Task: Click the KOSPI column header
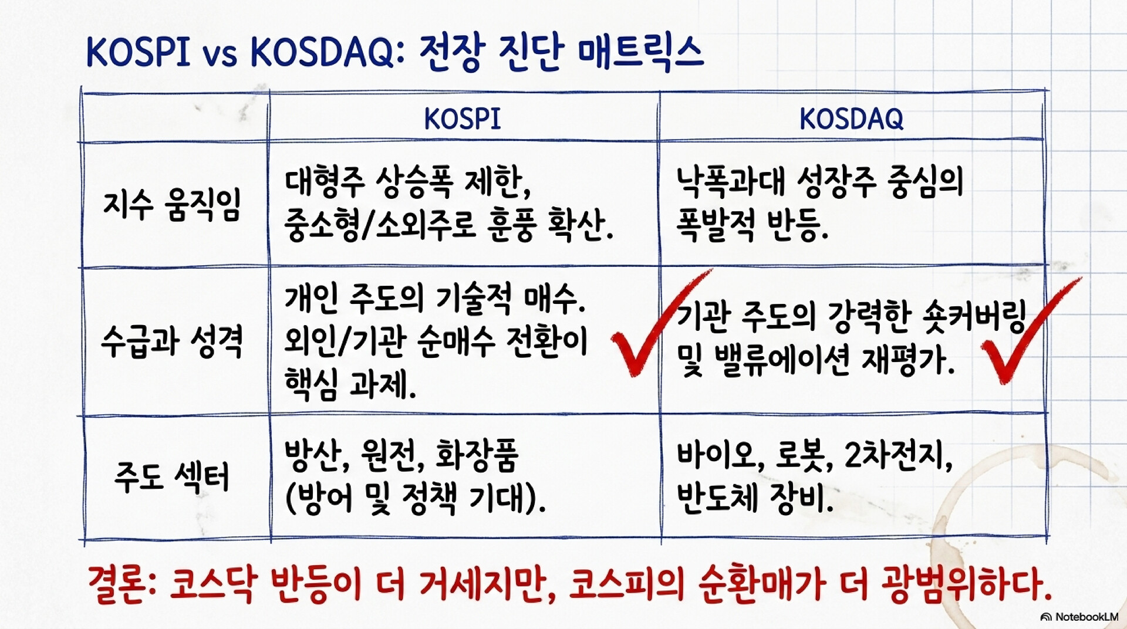(463, 119)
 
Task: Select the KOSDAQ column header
(851, 119)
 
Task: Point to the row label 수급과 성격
(172, 341)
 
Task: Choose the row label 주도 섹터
(172, 476)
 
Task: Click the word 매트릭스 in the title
(640, 52)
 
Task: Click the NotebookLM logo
(1079, 617)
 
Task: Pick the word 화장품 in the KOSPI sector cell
(477, 455)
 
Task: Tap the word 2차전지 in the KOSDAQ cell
(895, 455)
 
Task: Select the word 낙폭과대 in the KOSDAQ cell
(730, 181)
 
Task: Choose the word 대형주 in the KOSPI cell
(325, 181)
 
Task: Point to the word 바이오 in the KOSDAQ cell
(717, 455)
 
